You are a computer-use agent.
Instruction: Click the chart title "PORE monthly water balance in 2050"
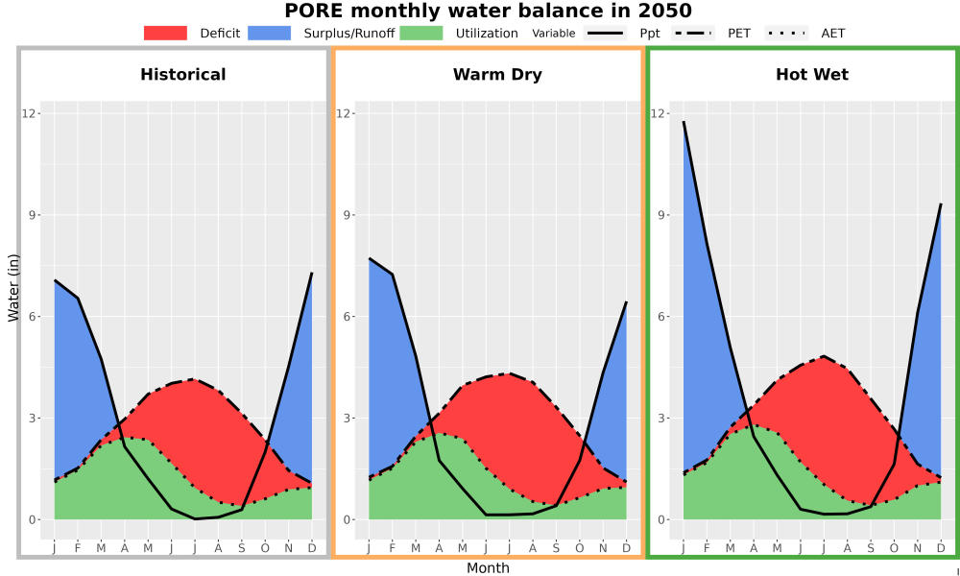[x=488, y=11]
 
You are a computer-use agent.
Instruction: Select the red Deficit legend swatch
[x=165, y=33]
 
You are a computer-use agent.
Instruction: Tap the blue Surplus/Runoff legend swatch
[x=270, y=33]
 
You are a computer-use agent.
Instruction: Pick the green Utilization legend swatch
[x=421, y=33]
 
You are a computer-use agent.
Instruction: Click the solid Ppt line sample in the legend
[x=605, y=33]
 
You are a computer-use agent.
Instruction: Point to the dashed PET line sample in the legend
[x=693, y=33]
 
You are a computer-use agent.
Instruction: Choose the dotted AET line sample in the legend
[x=786, y=33]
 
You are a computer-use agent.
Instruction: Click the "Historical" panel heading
[x=183, y=75]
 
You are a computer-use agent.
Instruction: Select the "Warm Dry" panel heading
[x=497, y=75]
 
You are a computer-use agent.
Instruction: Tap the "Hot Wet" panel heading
[x=812, y=75]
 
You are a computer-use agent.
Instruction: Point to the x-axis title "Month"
[x=488, y=568]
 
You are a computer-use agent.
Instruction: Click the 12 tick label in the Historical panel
[x=30, y=114]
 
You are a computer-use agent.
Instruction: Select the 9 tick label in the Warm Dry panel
[x=347, y=215]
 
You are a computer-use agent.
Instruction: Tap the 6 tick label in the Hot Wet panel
[x=661, y=317]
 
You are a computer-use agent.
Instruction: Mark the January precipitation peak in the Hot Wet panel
[x=684, y=121]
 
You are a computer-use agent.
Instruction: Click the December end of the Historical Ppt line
[x=312, y=273]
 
